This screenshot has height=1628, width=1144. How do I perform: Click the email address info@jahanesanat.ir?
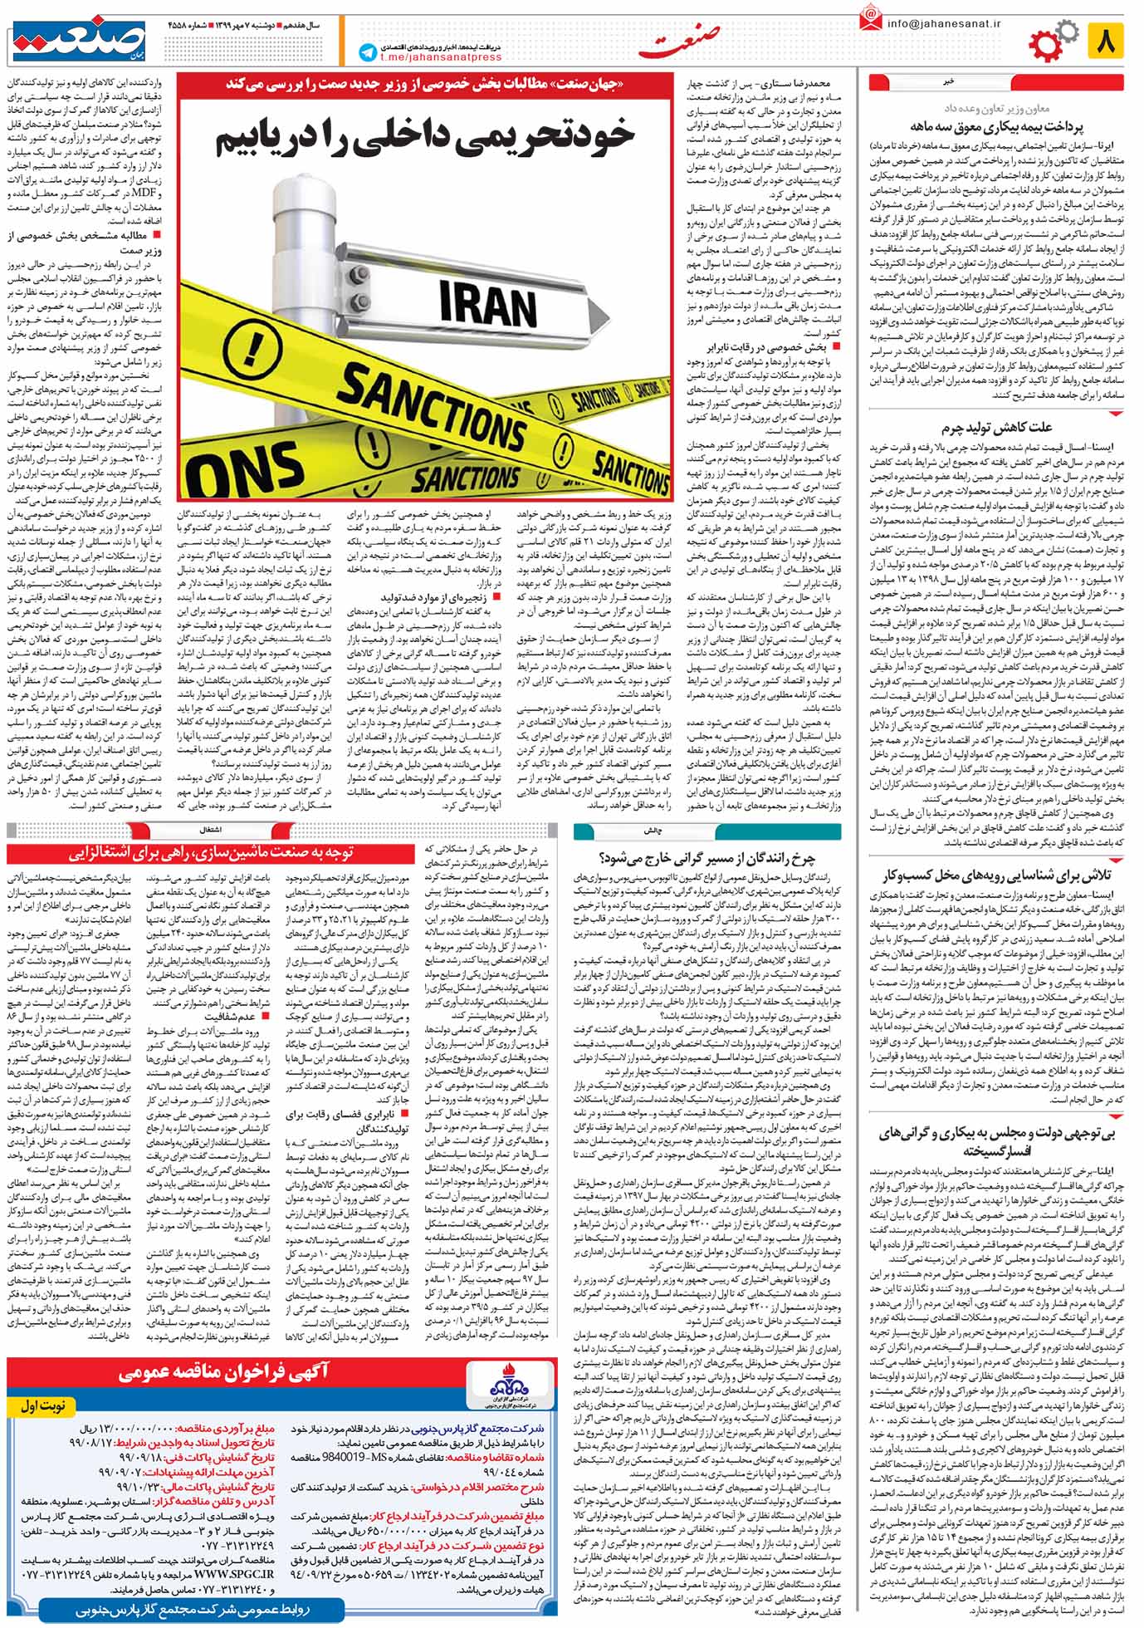[x=943, y=23]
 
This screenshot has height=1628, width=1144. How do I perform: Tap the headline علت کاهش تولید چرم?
[x=996, y=429]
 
